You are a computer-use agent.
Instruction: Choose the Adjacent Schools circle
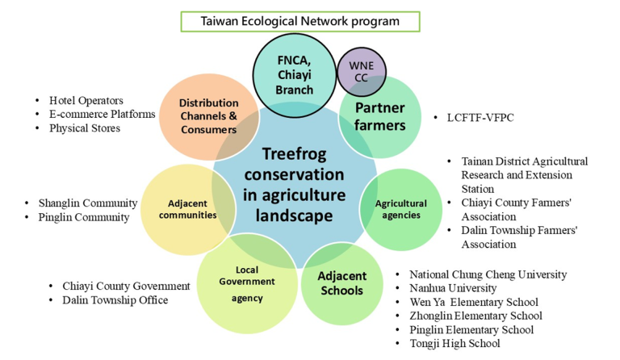[x=341, y=283]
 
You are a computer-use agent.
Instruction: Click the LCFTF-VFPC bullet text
[x=480, y=118]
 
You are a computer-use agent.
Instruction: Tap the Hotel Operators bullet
[x=86, y=100]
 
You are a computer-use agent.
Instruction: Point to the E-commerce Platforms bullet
[x=102, y=114]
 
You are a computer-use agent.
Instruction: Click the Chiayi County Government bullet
[x=126, y=286]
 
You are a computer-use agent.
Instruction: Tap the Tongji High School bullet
[x=455, y=343]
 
